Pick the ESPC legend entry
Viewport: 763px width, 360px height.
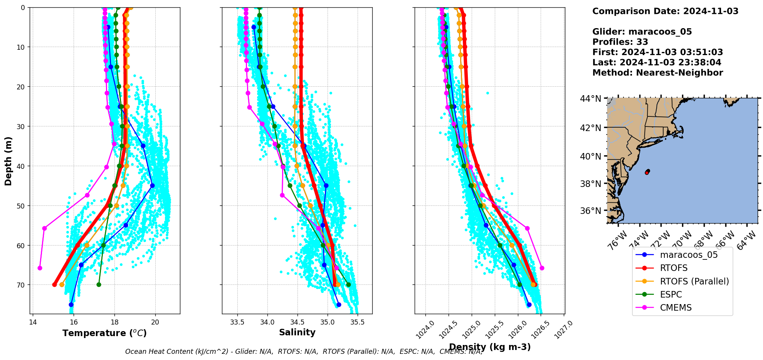point(671,294)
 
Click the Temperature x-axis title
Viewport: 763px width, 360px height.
point(104,333)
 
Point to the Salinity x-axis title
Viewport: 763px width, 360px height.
point(297,333)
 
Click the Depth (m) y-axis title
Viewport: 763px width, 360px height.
point(8,161)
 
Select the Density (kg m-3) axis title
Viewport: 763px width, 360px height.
point(490,347)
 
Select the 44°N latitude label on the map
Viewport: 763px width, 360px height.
point(590,99)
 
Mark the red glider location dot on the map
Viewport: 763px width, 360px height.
point(647,172)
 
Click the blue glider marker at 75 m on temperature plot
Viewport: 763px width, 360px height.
point(71,304)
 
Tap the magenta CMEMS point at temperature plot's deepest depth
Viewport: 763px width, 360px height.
point(40,268)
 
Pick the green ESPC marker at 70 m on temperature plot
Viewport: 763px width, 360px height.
point(99,284)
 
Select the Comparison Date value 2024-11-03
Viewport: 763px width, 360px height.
point(711,11)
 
